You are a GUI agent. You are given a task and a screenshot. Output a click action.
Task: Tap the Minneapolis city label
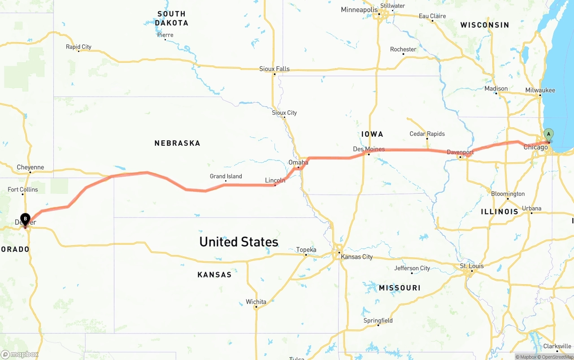[x=359, y=9]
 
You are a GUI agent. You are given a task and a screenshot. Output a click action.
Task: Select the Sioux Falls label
[x=274, y=69]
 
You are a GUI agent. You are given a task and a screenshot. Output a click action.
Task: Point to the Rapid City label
[x=78, y=47]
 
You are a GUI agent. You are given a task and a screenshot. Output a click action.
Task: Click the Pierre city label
[x=165, y=35]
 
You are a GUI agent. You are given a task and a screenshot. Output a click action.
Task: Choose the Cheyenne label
[x=30, y=167]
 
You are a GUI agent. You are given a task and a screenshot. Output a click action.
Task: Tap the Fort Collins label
[x=23, y=190]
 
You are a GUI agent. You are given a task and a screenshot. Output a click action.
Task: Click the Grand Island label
[x=226, y=176]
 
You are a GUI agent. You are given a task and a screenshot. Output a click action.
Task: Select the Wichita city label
[x=256, y=302]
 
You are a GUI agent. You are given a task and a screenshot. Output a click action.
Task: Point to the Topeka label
[x=306, y=250]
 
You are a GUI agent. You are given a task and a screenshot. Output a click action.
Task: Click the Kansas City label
[x=357, y=257]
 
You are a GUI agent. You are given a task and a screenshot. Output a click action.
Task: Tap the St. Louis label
[x=472, y=266]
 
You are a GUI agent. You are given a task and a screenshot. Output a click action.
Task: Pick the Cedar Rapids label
[x=427, y=134]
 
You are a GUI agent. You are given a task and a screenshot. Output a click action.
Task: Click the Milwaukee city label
[x=540, y=90]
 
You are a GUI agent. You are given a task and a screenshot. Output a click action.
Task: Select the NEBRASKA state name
[x=177, y=143]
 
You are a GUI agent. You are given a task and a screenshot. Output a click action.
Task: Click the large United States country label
[x=239, y=242]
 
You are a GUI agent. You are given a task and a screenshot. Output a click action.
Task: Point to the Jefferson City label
[x=412, y=268]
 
